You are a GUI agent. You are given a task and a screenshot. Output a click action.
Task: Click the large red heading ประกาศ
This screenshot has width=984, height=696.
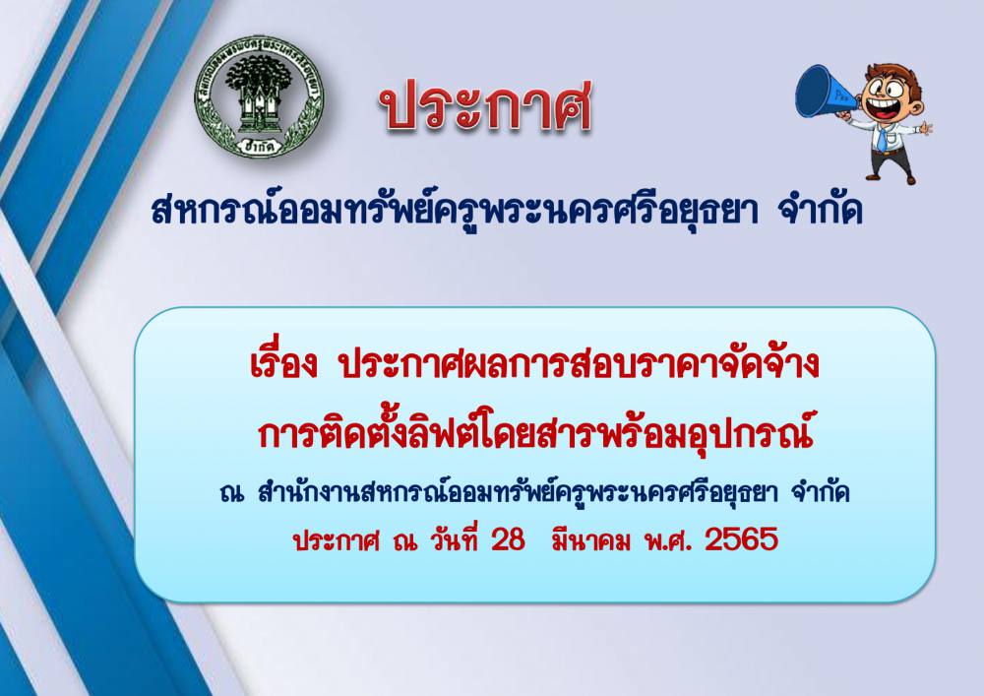point(485,105)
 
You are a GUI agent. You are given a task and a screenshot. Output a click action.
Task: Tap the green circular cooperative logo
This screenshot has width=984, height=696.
point(258,96)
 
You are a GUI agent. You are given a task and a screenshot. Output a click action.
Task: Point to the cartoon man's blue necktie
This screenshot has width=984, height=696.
point(882,139)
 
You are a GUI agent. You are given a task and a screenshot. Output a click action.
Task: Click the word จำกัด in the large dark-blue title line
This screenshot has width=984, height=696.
point(820,210)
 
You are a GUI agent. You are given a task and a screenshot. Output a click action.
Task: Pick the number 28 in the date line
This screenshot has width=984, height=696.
point(508,539)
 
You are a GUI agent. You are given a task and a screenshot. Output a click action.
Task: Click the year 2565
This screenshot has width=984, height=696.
point(741,539)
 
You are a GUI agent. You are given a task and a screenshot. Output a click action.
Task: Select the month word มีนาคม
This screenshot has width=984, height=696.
point(590,539)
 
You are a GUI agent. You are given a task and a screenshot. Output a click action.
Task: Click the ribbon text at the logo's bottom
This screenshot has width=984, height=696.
point(258,146)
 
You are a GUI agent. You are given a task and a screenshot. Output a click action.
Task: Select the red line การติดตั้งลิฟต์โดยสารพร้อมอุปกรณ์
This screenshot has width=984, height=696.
point(535,433)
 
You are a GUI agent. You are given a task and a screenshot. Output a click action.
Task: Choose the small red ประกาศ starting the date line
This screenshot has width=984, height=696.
point(337,539)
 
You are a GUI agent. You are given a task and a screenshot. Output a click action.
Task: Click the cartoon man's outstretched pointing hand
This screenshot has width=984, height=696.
point(925,128)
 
